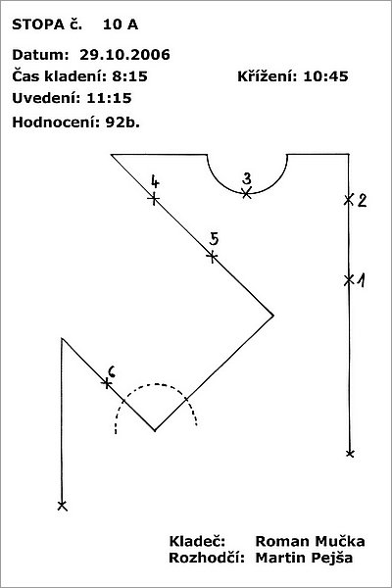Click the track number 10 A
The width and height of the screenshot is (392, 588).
click(x=121, y=24)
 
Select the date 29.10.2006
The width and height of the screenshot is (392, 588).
click(x=124, y=55)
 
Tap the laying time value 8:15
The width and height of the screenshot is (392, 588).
click(x=129, y=76)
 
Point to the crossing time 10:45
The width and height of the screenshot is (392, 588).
click(x=325, y=76)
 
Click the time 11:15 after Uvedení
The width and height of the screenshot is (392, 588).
click(x=109, y=98)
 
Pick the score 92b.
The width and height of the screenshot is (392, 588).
click(x=122, y=122)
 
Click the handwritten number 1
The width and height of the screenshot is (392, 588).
click(x=361, y=280)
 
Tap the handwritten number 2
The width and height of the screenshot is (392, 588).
click(x=362, y=201)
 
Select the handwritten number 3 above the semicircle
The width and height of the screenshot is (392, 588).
click(x=247, y=178)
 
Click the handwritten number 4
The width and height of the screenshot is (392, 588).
click(x=155, y=181)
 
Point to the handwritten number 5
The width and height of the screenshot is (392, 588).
click(x=214, y=238)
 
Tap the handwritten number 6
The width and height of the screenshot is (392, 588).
click(x=112, y=371)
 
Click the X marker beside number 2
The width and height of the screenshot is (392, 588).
click(x=349, y=200)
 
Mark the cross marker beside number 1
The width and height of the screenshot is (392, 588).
click(x=349, y=279)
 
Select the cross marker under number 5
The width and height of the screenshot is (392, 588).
click(x=212, y=257)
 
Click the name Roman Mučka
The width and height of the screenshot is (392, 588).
click(x=310, y=542)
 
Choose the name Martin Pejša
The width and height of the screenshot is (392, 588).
click(x=304, y=559)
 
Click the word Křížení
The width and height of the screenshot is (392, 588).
click(x=268, y=76)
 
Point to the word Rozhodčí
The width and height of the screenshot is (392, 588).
click(x=207, y=558)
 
